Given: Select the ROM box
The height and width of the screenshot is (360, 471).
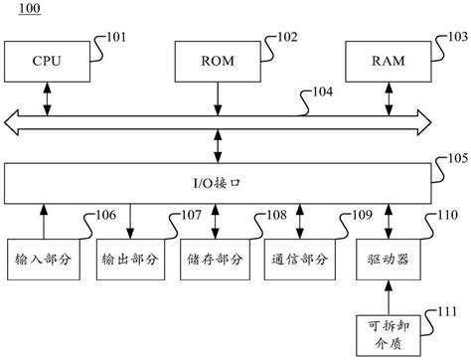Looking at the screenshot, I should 217,62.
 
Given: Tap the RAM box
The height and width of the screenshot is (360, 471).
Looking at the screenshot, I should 385,62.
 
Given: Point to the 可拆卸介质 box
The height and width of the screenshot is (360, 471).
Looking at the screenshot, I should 389,331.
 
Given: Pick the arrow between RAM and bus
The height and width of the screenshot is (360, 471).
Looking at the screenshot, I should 385,96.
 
